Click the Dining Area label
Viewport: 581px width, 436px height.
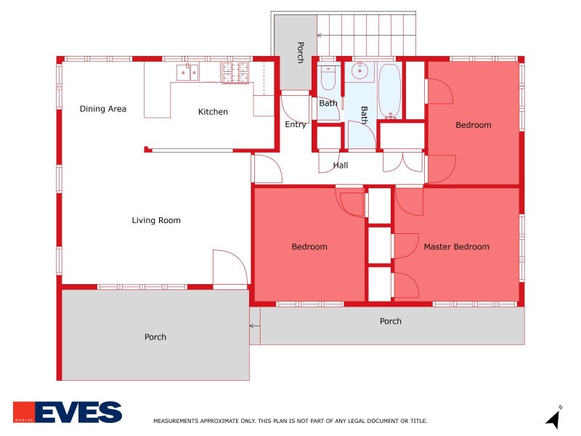tap(102, 109)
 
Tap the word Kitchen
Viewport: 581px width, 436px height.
tap(213, 112)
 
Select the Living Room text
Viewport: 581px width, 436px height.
tap(156, 220)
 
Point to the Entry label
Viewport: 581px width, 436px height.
tap(296, 124)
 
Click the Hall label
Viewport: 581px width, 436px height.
tap(341, 165)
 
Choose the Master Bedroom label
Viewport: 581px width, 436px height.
tap(456, 246)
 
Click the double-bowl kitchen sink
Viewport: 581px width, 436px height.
tap(188, 71)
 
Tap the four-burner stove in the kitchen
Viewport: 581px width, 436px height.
tap(235, 71)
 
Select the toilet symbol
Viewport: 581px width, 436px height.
tap(328, 76)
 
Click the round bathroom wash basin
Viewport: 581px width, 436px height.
tap(361, 71)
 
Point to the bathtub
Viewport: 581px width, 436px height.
tap(389, 91)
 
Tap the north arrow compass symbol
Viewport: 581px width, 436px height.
tap(553, 419)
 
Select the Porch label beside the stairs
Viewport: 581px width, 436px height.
tap(299, 52)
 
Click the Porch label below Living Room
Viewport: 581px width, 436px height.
tap(155, 336)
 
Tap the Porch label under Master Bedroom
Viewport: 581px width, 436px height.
tap(390, 320)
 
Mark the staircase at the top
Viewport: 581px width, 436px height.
tap(366, 34)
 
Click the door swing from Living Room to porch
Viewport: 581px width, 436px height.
tap(229, 268)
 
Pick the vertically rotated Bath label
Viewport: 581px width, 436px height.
tap(364, 114)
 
